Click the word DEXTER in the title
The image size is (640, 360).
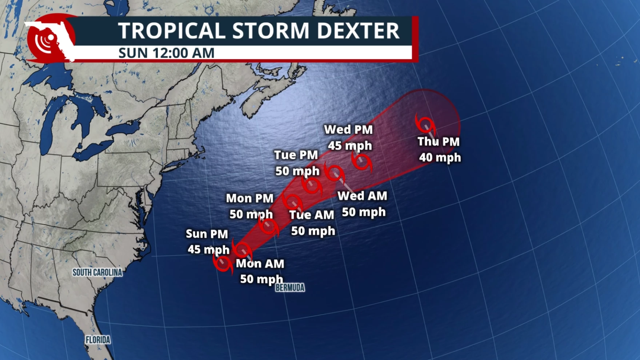(358, 31)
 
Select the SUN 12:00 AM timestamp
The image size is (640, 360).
(166, 53)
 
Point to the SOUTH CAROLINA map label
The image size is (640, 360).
(97, 272)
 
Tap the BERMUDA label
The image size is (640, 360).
(290, 288)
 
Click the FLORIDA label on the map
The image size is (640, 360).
(98, 340)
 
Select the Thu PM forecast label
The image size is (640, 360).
(438, 141)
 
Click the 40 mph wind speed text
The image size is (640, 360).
(440, 157)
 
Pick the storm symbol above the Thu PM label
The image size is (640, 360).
(425, 125)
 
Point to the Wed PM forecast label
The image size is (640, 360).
(348, 129)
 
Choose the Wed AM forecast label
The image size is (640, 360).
(362, 196)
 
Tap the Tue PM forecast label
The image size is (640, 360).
(296, 155)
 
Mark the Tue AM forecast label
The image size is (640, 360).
(312, 215)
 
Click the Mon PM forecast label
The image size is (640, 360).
(249, 198)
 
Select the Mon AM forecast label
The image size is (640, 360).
(260, 263)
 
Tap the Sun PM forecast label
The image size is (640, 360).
(207, 234)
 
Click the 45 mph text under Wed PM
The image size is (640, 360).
(350, 145)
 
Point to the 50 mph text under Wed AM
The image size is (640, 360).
(364, 212)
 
